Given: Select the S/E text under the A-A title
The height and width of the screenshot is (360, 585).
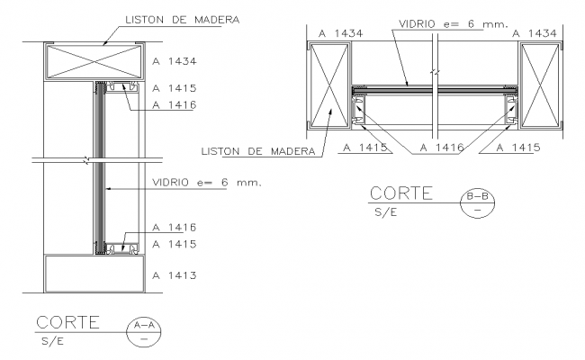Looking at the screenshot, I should click(x=52, y=342).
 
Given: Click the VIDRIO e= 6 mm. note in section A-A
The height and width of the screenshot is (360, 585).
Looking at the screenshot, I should click(x=204, y=183).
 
